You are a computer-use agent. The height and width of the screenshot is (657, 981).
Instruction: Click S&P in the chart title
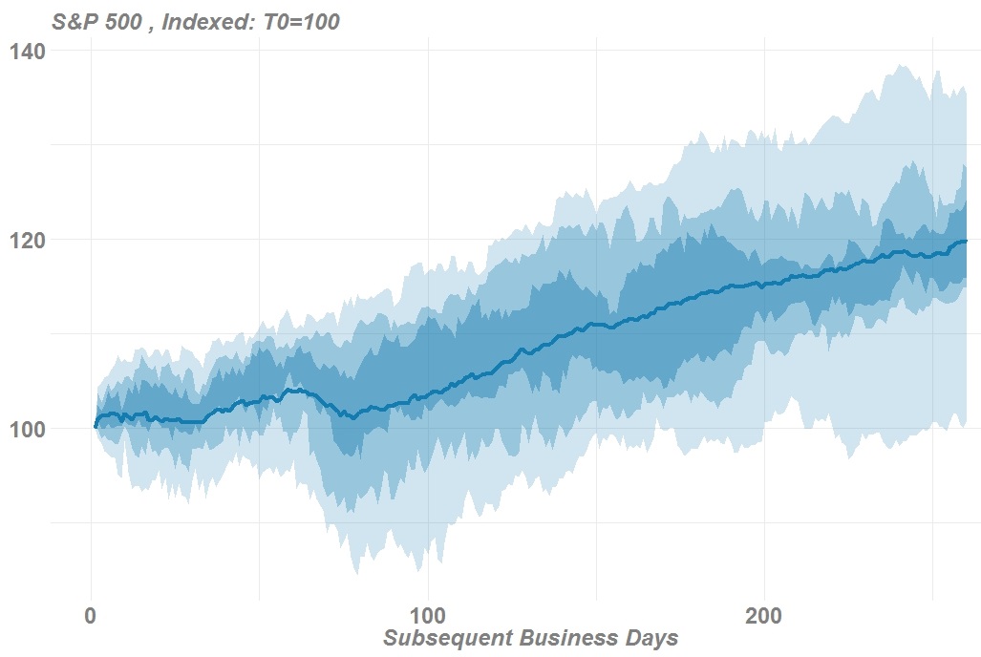click(x=76, y=21)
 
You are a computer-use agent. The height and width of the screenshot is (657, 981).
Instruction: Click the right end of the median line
click(x=967, y=241)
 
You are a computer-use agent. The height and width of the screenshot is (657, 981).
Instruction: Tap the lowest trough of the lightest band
click(x=356, y=573)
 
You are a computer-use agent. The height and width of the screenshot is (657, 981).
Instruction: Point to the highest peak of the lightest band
click(x=899, y=65)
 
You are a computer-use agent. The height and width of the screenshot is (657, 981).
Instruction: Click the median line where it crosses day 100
click(x=427, y=393)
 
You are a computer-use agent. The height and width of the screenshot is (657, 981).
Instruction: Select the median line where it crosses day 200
click(x=764, y=284)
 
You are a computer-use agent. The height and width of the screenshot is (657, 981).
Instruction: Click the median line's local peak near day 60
click(x=298, y=389)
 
